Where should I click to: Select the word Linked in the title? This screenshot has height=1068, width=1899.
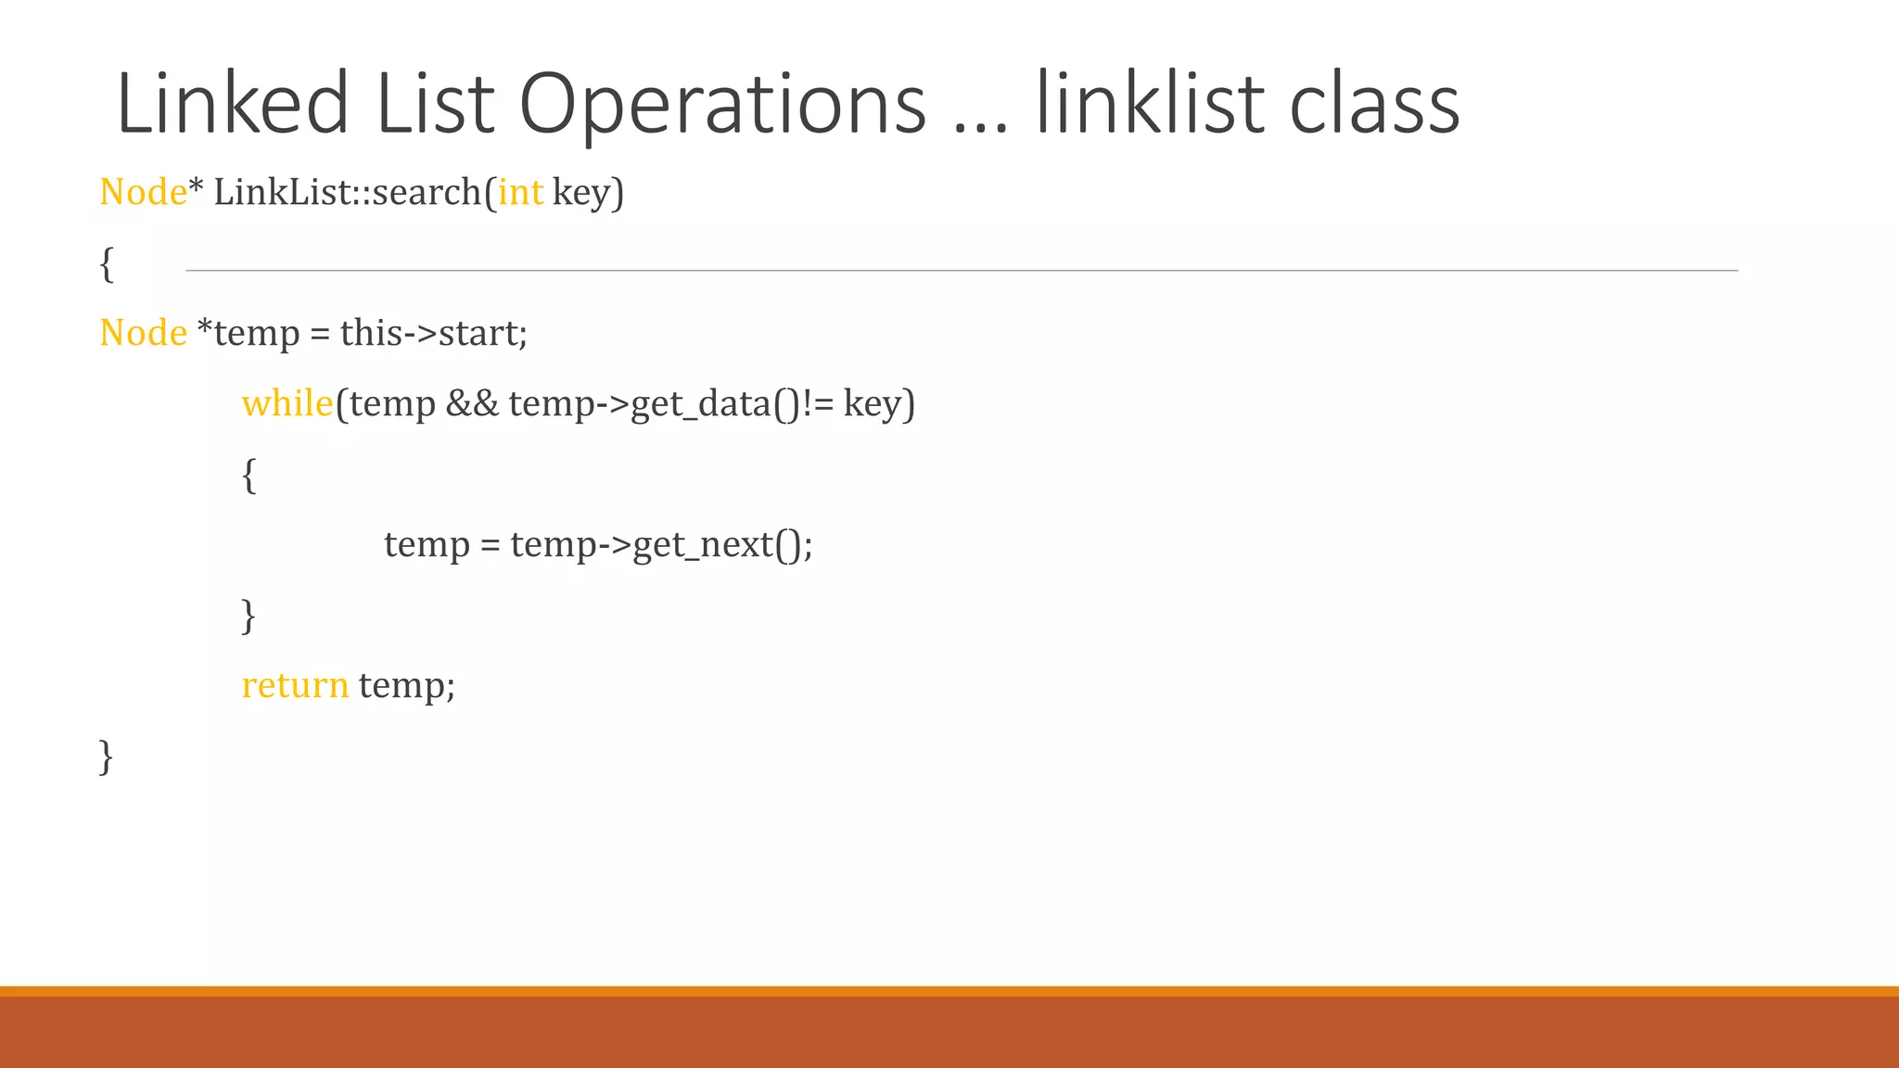pyautogui.click(x=233, y=104)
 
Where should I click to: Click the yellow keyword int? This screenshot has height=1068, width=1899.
pyautogui.click(x=520, y=192)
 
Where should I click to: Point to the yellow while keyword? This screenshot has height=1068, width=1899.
pyautogui.click(x=287, y=403)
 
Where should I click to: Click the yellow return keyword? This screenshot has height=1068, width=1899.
pyautogui.click(x=295, y=685)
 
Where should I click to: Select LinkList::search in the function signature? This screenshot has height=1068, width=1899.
pyautogui.click(x=348, y=192)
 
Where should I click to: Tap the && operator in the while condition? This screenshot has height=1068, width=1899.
pyautogui.click(x=472, y=403)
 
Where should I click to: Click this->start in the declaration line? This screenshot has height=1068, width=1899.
pyautogui.click(x=433, y=333)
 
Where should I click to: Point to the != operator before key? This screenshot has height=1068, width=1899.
pyautogui.click(x=819, y=403)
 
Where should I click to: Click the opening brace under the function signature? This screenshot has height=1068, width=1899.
pyautogui.click(x=107, y=264)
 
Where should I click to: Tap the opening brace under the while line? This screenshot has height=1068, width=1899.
pyautogui.click(x=249, y=476)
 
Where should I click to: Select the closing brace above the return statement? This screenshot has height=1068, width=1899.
pyautogui.click(x=249, y=616)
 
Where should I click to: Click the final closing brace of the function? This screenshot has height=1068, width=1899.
pyautogui.click(x=106, y=756)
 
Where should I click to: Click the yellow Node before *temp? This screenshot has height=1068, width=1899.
pyautogui.click(x=143, y=333)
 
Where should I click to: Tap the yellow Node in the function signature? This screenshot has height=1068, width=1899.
pyautogui.click(x=143, y=192)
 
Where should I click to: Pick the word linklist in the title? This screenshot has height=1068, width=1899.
pyautogui.click(x=1150, y=104)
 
